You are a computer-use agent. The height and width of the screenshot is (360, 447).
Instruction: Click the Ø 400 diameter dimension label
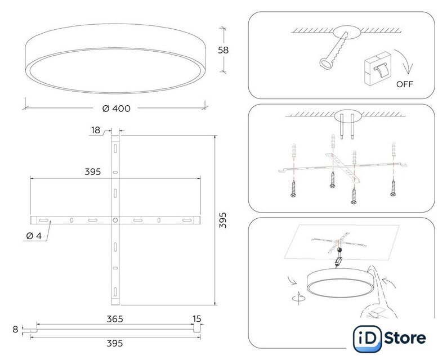pos(117,108)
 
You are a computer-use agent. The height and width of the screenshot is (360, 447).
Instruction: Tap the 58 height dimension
pos(223,50)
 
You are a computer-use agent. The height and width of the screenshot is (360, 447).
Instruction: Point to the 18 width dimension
pos(96,130)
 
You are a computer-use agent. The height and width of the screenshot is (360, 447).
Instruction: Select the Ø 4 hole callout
pos(34,236)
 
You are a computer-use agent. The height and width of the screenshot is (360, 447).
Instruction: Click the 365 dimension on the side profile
pos(115,319)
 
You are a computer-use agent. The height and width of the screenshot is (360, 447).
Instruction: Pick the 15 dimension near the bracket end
pos(196,319)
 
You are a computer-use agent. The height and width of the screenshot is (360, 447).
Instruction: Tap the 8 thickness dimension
pos(15,330)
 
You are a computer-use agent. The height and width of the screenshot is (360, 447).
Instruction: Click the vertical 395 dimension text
pos(223,220)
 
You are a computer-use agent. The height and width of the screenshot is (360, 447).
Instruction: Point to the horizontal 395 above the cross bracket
pos(93,172)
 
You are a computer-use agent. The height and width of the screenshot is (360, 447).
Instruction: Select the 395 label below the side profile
pos(115,344)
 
